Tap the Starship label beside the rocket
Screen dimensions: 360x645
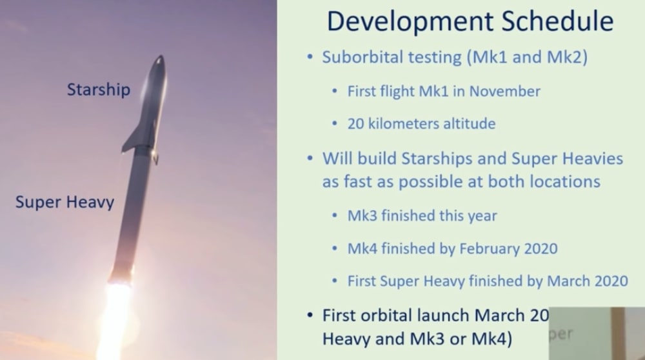[x=98, y=90]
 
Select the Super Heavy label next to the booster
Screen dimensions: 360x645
[x=64, y=202]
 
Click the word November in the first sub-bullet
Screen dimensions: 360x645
[x=504, y=91]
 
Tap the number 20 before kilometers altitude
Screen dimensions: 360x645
[x=356, y=124]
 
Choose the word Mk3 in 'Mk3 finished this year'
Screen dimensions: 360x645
[x=362, y=215]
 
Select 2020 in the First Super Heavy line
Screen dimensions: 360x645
[x=610, y=281]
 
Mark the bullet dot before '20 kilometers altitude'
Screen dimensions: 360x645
[x=334, y=124]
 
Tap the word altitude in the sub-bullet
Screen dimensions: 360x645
[x=466, y=124]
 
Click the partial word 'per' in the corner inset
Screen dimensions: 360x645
[x=561, y=335]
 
